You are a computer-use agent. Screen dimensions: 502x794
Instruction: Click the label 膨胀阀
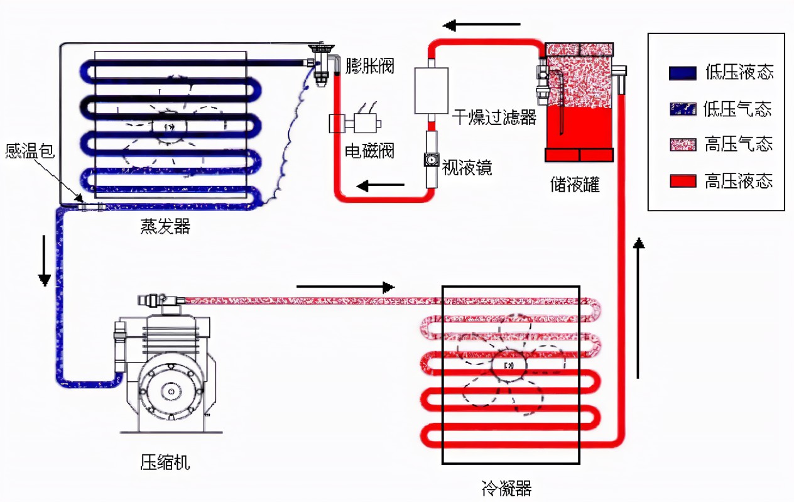click(370, 65)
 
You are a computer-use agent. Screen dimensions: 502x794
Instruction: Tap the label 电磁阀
click(370, 151)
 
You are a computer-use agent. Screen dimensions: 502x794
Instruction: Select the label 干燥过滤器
click(494, 117)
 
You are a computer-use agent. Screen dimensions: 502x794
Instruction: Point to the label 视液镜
click(467, 167)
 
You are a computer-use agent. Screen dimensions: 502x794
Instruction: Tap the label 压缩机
click(165, 464)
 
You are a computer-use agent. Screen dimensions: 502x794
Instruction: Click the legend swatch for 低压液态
click(682, 73)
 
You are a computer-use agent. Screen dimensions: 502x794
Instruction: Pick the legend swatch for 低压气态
click(682, 109)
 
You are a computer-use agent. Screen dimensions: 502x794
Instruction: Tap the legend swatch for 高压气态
click(682, 145)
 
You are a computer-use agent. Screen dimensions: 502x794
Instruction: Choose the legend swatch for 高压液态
click(682, 182)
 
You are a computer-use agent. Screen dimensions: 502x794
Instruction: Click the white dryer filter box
click(431, 90)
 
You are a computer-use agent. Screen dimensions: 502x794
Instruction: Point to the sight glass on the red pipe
click(431, 160)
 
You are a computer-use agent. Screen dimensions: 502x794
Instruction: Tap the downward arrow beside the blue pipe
click(44, 260)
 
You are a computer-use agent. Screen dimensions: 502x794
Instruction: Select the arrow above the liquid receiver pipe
click(482, 25)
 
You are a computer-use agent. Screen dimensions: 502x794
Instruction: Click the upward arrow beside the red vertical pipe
click(639, 308)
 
